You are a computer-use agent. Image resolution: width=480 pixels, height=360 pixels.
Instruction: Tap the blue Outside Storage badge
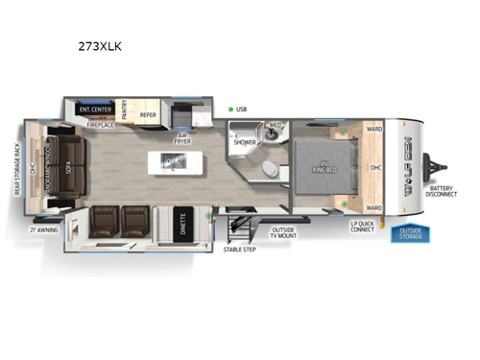[x=409, y=234]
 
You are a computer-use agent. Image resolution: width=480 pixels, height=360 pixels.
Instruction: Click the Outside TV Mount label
[x=285, y=232]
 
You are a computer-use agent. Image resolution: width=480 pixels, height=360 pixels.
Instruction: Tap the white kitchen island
[x=169, y=163]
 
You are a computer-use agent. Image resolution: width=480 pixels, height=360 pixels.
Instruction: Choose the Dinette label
[x=183, y=223]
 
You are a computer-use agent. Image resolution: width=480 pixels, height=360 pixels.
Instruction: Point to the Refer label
[x=148, y=114]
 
